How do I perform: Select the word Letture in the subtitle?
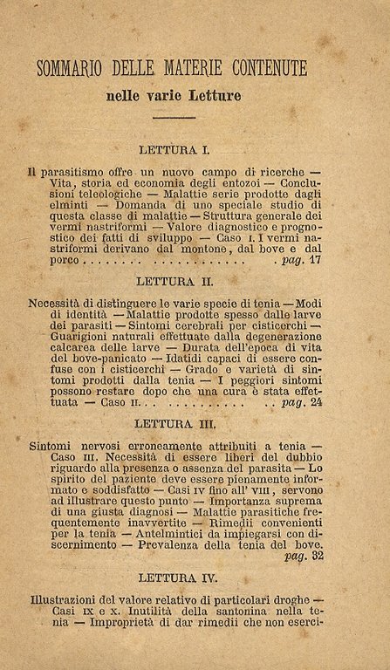tap(214, 94)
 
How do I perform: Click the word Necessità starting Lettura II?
tap(60, 305)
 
